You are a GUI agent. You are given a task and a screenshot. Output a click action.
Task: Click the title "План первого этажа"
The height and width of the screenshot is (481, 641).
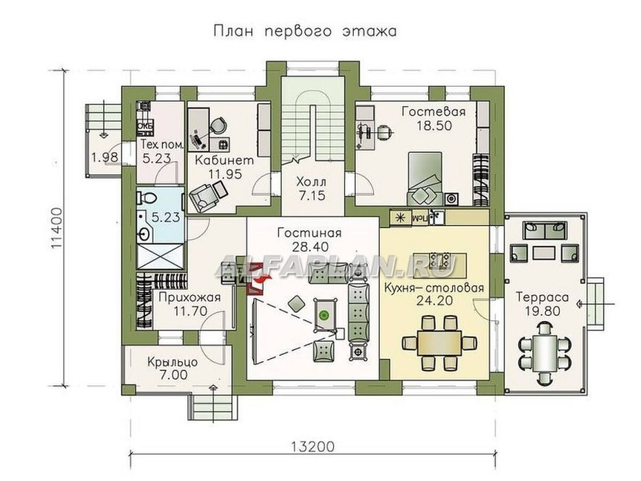click(x=303, y=32)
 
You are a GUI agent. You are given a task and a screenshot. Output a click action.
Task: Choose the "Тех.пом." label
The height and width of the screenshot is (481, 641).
click(x=163, y=145)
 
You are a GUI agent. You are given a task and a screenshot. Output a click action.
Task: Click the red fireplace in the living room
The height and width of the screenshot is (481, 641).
click(x=256, y=277)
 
